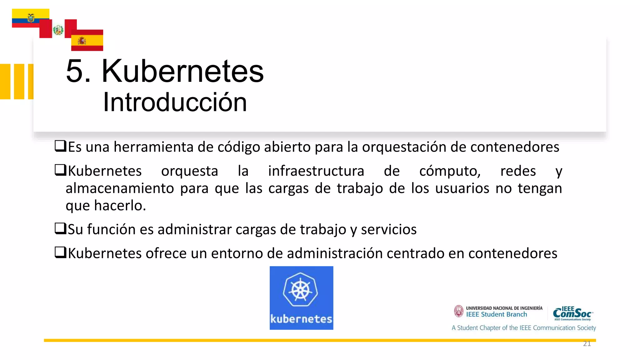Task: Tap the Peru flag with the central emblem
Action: pos(58,30)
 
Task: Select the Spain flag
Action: pos(87,41)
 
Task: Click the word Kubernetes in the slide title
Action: pos(182,71)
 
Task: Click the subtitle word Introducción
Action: pos(175,102)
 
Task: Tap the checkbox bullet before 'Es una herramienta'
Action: pos(60,146)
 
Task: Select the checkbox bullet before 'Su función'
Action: pos(60,228)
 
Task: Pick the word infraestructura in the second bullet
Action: pos(316,171)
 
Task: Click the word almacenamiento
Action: pos(120,188)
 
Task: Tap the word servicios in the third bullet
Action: pos(389,229)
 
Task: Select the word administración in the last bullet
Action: pos(335,253)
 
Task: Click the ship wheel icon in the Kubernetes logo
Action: pos(300,289)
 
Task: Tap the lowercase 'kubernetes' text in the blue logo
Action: pos(301,319)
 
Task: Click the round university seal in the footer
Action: pos(459,311)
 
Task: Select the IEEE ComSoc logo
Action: pos(572,313)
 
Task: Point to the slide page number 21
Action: pos(587,344)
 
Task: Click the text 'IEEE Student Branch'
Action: pos(497,315)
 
